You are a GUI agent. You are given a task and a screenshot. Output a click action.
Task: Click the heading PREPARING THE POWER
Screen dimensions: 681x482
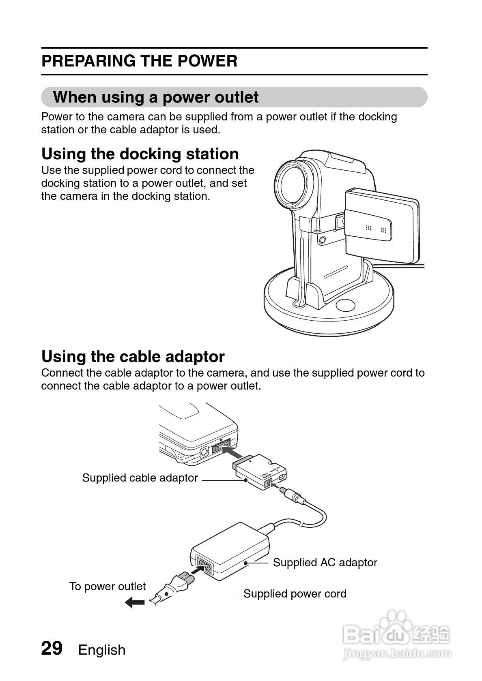pyautogui.click(x=139, y=61)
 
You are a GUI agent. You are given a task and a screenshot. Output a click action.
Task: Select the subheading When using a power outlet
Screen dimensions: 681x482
pyautogui.click(x=155, y=97)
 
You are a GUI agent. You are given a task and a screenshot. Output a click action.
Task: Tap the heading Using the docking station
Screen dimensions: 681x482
pyautogui.click(x=140, y=154)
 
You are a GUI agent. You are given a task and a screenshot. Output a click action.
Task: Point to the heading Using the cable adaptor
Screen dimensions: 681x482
pyautogui.click(x=133, y=357)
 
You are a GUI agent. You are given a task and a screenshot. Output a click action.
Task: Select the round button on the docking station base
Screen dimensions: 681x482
pyautogui.click(x=345, y=305)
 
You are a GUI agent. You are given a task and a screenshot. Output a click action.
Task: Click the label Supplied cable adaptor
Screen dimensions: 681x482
pyautogui.click(x=140, y=478)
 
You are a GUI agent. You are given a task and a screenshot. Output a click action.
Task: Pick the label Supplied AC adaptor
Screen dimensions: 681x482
pyautogui.click(x=325, y=563)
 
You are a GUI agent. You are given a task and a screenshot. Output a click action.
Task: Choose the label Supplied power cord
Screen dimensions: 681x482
pyautogui.click(x=295, y=594)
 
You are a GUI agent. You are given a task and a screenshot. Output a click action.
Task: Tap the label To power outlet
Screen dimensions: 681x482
pyautogui.click(x=107, y=587)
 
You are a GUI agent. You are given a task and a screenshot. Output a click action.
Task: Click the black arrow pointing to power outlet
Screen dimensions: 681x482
pyautogui.click(x=135, y=602)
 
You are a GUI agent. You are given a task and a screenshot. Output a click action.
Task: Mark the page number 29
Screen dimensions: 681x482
pyautogui.click(x=52, y=648)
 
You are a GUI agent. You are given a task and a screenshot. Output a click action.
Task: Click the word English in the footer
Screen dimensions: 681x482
pyautogui.click(x=102, y=650)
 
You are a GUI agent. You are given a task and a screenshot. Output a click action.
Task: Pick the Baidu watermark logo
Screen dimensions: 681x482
pyautogui.click(x=396, y=635)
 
